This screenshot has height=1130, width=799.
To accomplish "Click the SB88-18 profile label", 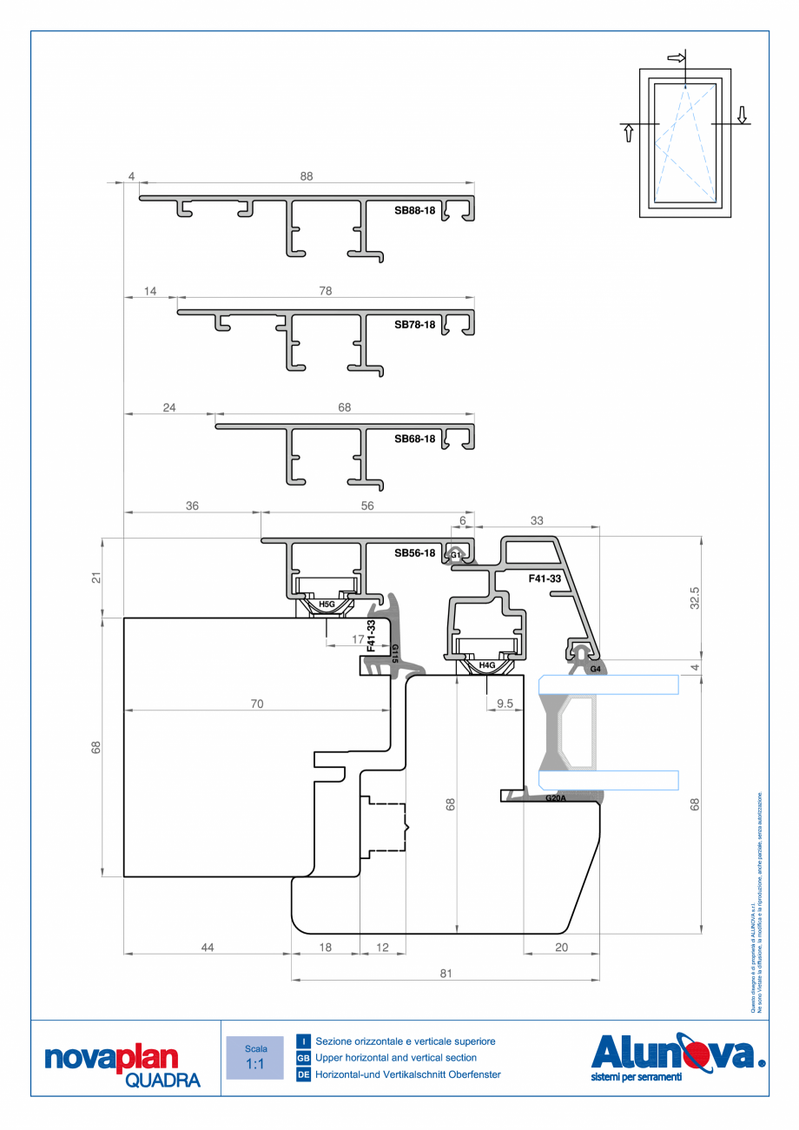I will (x=414, y=210).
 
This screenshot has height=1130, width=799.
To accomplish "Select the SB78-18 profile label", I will (x=414, y=325).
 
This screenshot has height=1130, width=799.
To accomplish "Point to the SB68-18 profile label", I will (x=414, y=439).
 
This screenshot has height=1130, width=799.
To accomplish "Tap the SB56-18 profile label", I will (x=414, y=553).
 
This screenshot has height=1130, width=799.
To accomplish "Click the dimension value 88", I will (x=306, y=176).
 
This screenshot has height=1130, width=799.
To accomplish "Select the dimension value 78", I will (x=325, y=292).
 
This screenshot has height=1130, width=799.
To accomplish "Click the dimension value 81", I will (x=446, y=974).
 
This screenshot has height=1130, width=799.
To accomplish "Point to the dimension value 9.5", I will (x=505, y=704).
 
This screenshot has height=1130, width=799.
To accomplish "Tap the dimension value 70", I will (x=257, y=704).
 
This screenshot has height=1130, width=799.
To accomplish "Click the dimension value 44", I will (x=207, y=948).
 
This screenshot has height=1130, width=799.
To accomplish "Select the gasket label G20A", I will (x=555, y=798).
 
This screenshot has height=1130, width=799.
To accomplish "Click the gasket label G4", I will (x=595, y=670).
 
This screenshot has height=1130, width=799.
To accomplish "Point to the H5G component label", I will (x=327, y=603).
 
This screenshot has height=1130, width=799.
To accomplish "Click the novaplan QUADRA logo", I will (x=122, y=1065).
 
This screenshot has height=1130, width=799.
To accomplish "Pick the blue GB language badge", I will (x=303, y=1058).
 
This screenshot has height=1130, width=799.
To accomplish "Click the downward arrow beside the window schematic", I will (x=742, y=114).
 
